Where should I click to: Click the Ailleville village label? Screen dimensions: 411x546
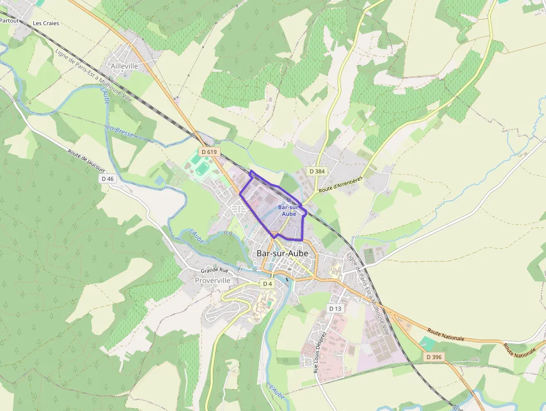tap(124, 66)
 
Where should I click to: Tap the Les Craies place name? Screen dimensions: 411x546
tap(46, 23)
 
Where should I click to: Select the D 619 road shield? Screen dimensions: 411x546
tap(209, 152)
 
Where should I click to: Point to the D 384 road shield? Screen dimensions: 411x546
tap(316, 171)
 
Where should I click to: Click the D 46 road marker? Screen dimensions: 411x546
tap(108, 178)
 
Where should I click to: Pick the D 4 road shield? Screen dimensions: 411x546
tap(267, 284)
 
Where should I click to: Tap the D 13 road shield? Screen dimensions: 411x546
tap(335, 308)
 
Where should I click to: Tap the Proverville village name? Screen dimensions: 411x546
tap(212, 281)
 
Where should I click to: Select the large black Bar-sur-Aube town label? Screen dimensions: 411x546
tap(282, 253)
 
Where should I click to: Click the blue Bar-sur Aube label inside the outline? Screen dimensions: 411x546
tap(289, 210)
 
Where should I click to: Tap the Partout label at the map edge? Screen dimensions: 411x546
tap(8, 21)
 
